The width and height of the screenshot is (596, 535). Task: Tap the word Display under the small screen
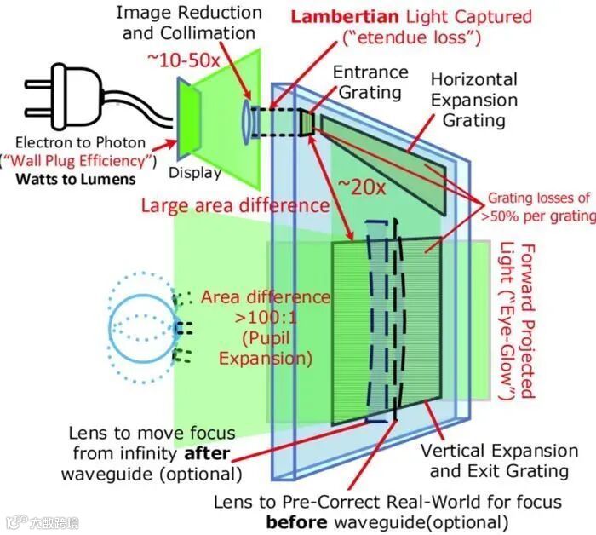(194, 173)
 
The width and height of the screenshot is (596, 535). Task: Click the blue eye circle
(141, 325)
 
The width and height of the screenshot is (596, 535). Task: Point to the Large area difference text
(235, 205)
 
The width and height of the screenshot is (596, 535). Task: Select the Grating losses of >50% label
(540, 208)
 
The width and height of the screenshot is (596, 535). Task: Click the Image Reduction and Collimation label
(189, 23)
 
